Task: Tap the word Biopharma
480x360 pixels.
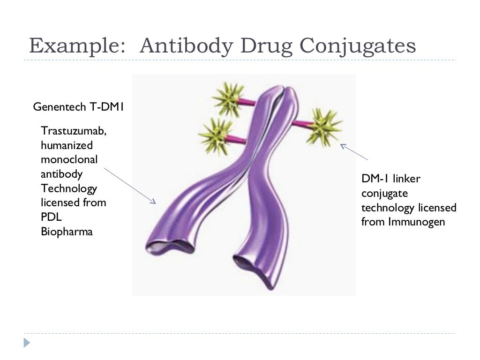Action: click(x=67, y=232)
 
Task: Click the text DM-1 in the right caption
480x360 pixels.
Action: click(x=375, y=179)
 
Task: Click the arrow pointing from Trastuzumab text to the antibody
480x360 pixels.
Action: click(x=129, y=185)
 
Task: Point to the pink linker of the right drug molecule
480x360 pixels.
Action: click(x=300, y=124)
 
